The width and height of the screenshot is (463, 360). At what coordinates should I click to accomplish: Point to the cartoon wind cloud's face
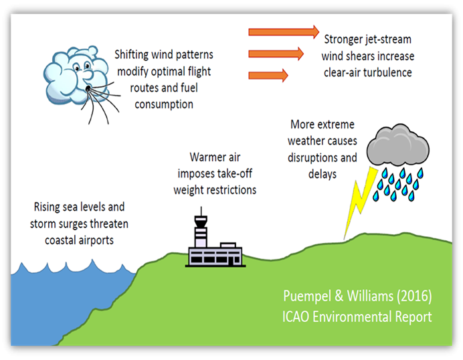(79, 69)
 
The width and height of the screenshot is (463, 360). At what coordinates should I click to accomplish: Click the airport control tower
(201, 230)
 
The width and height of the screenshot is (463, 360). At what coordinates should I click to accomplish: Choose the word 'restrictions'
(229, 190)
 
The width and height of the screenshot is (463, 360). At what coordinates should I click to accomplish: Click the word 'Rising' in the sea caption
(49, 208)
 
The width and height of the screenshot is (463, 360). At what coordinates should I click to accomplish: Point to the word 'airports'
(93, 239)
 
